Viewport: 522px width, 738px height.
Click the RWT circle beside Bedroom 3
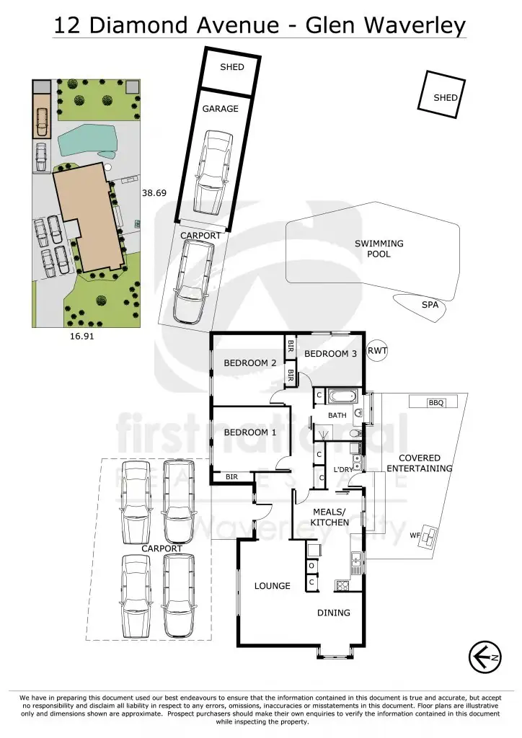[x=377, y=350]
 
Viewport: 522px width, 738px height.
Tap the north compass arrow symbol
[x=485, y=657]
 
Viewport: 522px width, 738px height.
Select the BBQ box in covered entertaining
[x=435, y=403]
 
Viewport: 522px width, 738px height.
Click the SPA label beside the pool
[x=430, y=306]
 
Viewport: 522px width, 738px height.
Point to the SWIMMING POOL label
[x=379, y=249]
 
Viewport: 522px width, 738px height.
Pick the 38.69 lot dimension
[x=154, y=193]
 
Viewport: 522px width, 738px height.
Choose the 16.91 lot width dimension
[x=82, y=336]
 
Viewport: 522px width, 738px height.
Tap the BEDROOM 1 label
[x=249, y=432]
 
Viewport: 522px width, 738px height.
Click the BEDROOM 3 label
[x=330, y=353]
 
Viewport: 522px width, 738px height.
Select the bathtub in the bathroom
[x=341, y=396]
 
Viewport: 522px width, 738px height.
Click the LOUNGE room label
[x=272, y=586]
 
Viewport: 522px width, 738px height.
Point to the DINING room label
[x=334, y=613]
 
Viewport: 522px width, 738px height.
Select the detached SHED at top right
[x=441, y=92]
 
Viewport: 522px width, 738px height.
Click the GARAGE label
[x=220, y=109]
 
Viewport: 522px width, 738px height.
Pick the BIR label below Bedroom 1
[x=231, y=477]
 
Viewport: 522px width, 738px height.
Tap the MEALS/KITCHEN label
[x=330, y=517]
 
